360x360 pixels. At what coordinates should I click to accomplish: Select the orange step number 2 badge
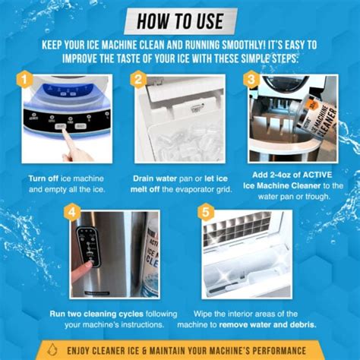(x=137, y=78)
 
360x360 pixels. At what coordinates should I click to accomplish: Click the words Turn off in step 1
(x=44, y=177)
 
